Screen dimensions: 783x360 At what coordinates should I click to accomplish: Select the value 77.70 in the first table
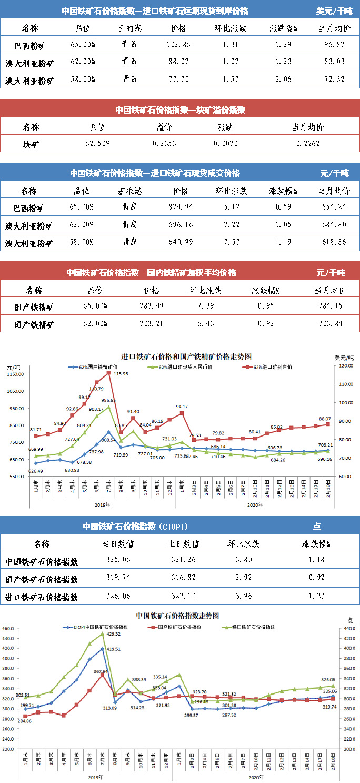(x=178, y=80)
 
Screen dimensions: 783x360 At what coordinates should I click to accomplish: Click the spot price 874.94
(x=179, y=207)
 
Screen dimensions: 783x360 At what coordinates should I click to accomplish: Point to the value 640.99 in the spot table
(x=179, y=242)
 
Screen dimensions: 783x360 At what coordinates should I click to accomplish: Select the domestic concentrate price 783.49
(x=151, y=306)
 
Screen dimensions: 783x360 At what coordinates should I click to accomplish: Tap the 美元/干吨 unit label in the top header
(x=334, y=11)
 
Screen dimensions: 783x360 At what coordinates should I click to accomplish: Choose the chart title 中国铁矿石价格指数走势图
(x=177, y=615)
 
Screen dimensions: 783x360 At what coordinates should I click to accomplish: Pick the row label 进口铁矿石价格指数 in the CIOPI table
(x=42, y=597)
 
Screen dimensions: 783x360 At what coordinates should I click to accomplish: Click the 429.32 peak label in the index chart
(x=114, y=634)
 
